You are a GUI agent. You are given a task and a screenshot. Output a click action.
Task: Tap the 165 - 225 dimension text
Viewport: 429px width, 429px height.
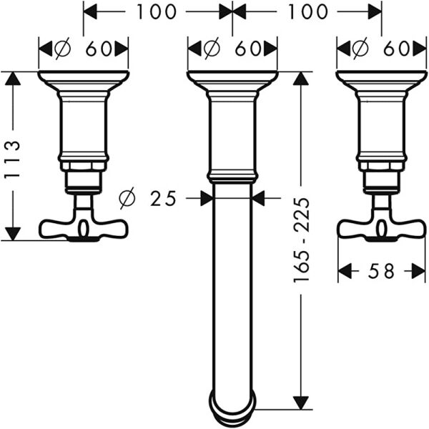(302, 239)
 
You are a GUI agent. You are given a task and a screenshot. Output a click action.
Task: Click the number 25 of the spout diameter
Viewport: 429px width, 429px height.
(164, 198)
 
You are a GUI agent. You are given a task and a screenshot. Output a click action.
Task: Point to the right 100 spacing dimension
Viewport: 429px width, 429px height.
(307, 11)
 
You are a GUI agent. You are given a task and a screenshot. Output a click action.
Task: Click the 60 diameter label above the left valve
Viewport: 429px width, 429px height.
(99, 49)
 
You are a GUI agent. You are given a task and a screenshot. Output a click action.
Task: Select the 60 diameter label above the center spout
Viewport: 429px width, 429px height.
(247, 49)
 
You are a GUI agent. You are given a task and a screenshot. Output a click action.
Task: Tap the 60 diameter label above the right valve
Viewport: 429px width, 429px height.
(395, 49)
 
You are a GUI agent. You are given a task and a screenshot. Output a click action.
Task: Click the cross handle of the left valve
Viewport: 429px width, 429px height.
(83, 227)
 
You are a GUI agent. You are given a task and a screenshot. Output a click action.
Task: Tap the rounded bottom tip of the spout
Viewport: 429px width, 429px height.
(232, 404)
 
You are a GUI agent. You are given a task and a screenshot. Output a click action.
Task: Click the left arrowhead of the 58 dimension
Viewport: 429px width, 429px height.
(345, 272)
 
